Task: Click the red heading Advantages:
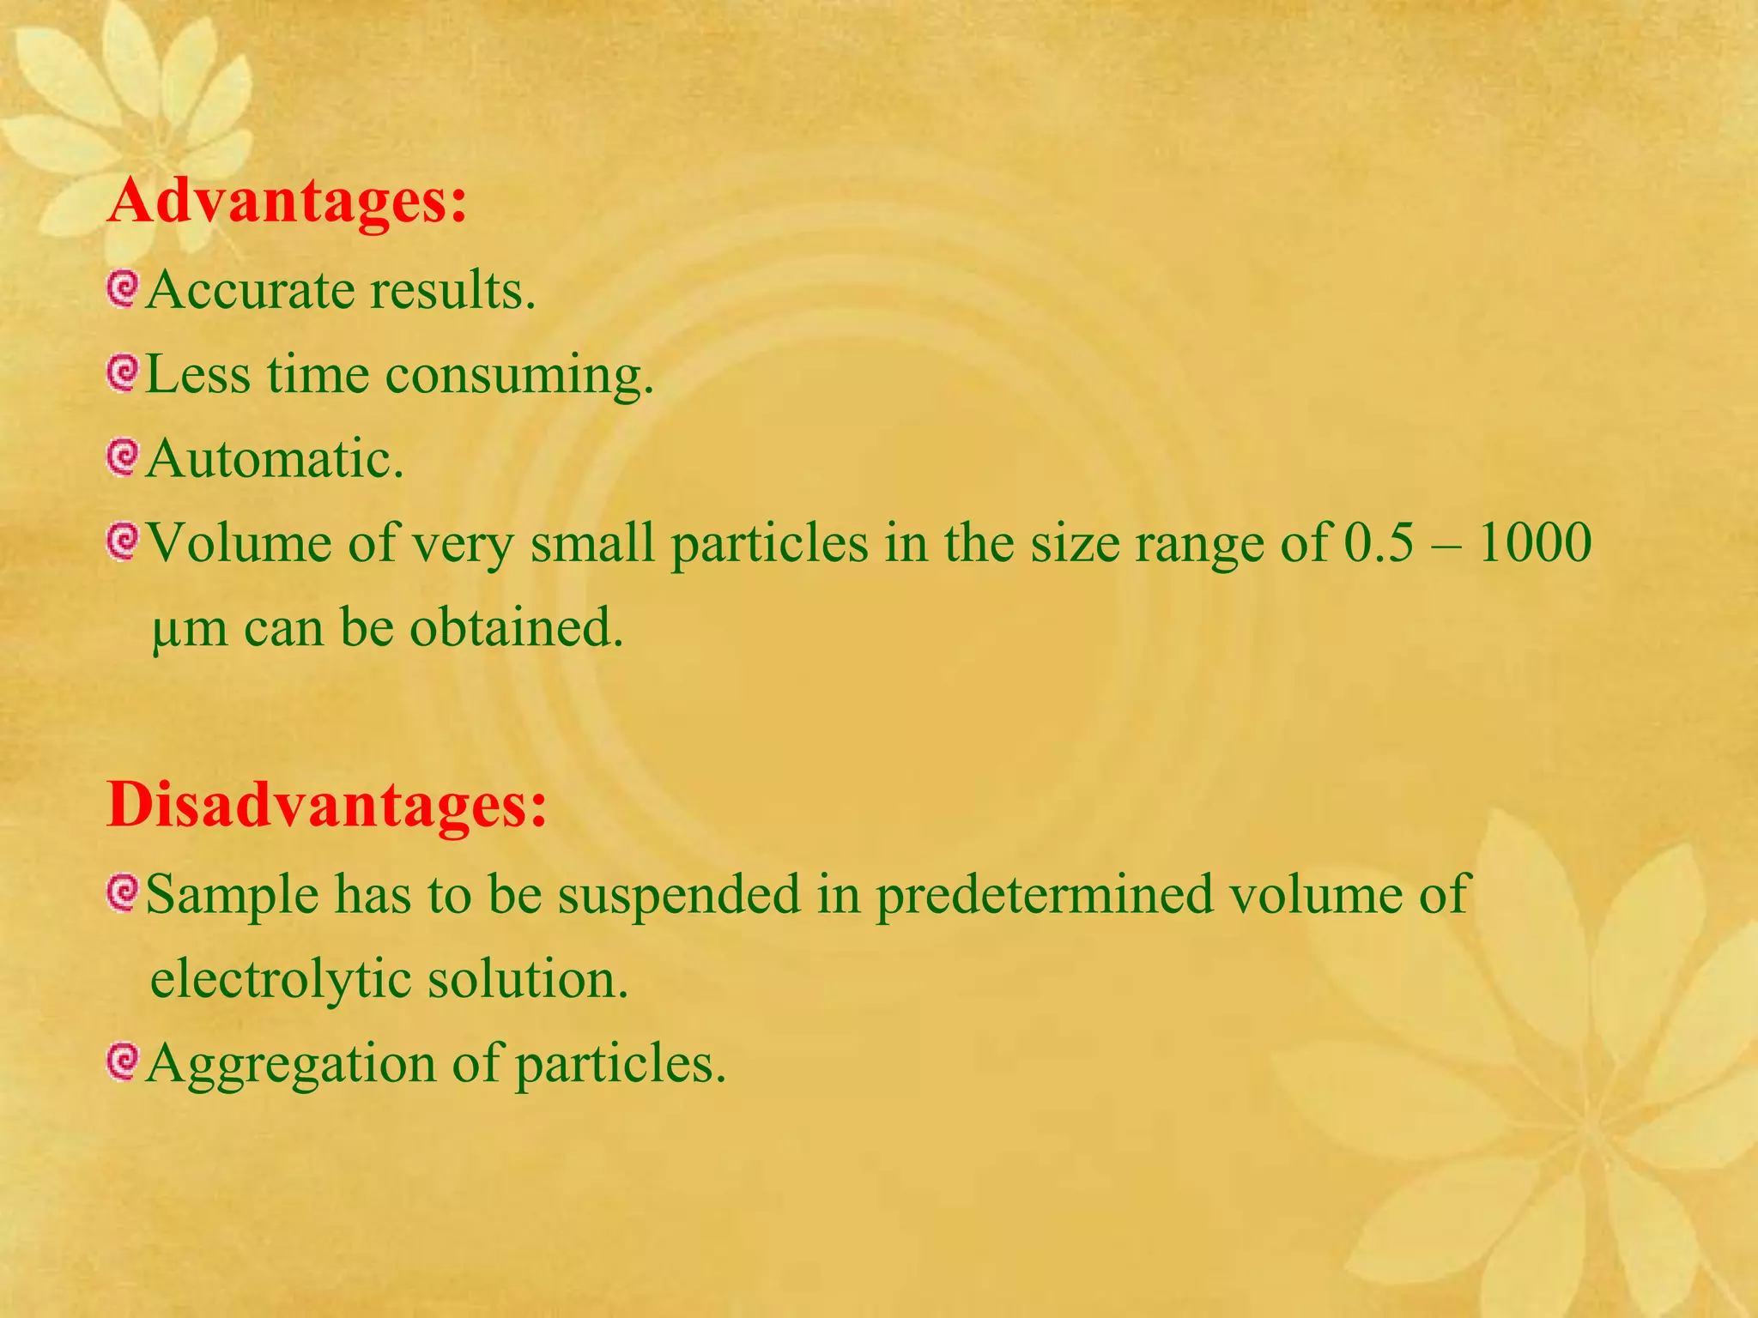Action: pos(288,202)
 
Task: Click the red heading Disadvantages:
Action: pos(327,806)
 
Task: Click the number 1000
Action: pos(1534,542)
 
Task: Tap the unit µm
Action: pos(190,629)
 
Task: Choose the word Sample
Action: pos(232,894)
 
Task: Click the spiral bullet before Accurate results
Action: pos(123,289)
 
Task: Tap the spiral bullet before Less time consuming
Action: pos(123,373)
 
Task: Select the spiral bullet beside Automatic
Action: pos(123,457)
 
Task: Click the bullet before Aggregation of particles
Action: pos(123,1061)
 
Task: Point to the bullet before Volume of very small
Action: pos(123,541)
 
